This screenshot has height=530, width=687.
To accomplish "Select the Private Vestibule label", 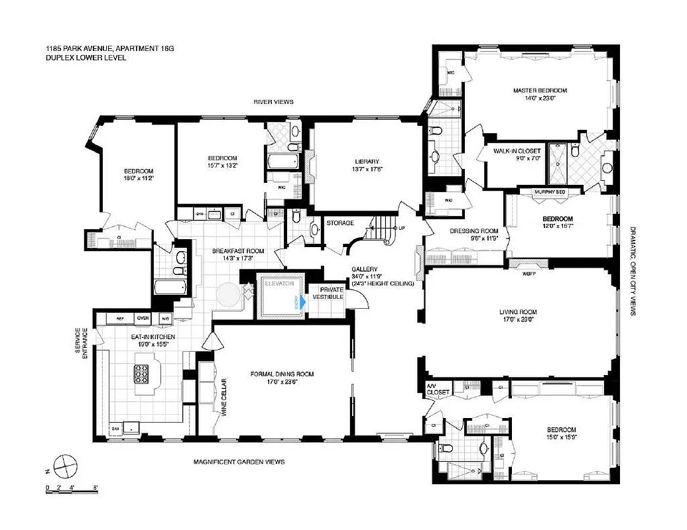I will click(332, 293).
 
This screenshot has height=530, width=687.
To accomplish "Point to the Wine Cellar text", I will click(224, 396).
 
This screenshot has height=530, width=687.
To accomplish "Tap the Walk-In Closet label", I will click(517, 151).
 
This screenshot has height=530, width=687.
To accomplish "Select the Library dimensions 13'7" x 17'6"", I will click(366, 168).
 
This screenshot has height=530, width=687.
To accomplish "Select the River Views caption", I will click(273, 101).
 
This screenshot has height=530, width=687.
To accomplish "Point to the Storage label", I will click(340, 223).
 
